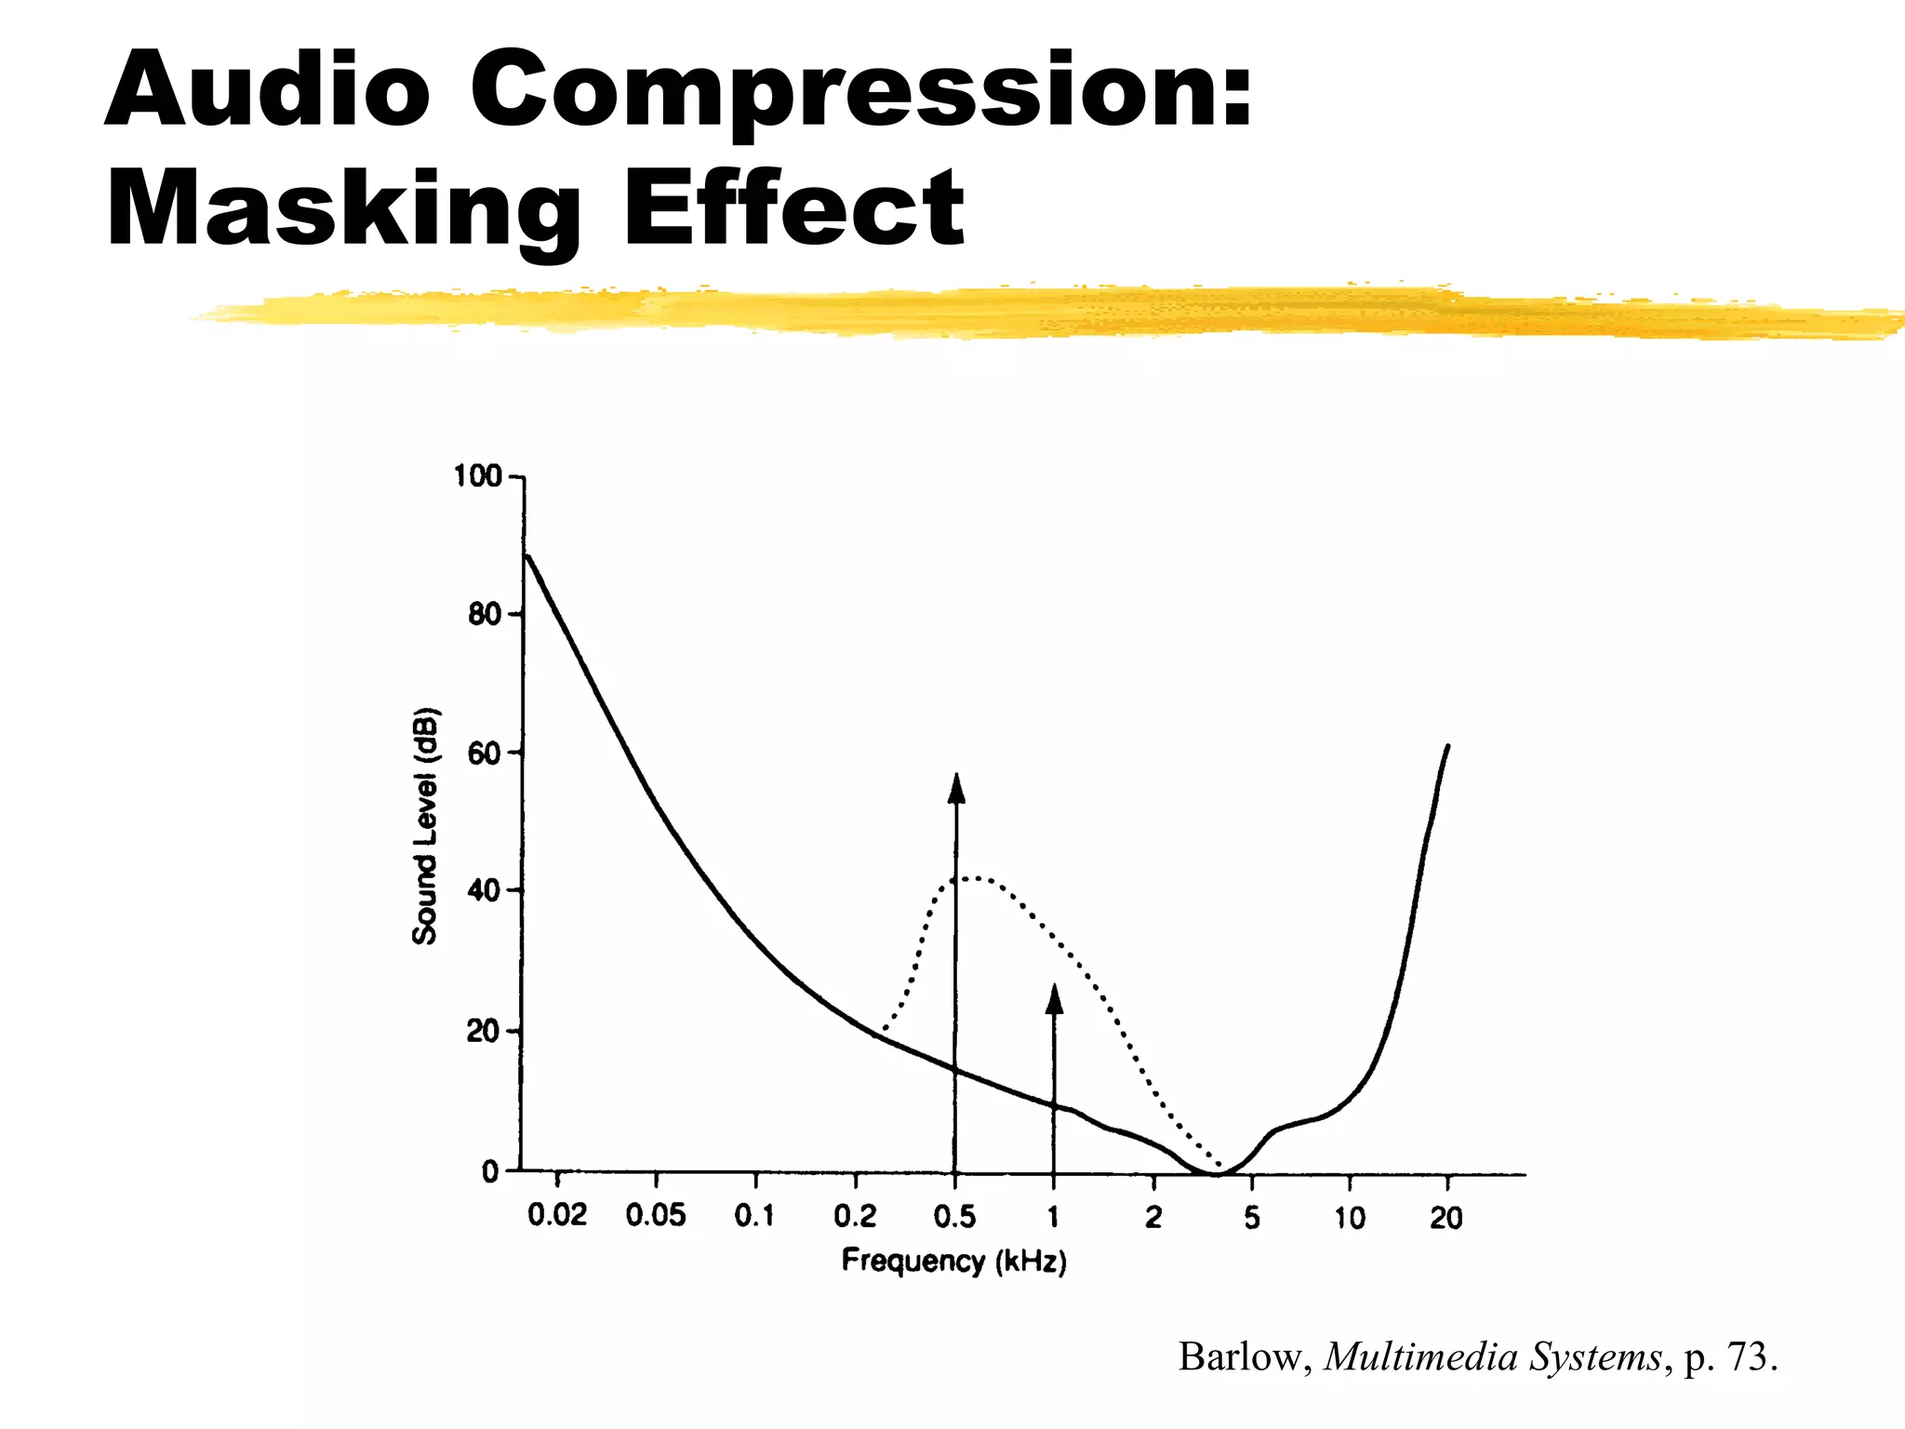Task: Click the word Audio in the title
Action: tap(268, 89)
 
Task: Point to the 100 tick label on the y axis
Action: tap(476, 477)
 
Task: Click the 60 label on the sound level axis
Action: tap(484, 754)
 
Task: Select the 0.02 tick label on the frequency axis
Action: tap(557, 1215)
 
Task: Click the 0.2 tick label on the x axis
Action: tap(855, 1216)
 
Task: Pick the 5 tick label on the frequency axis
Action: tap(1252, 1217)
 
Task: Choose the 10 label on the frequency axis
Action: tap(1350, 1217)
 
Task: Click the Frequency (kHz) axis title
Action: tap(953, 1262)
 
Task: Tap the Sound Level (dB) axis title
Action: tap(425, 827)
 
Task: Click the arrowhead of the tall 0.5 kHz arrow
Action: tap(956, 786)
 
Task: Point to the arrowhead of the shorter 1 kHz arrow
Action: tap(1054, 998)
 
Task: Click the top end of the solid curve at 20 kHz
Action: tap(1447, 746)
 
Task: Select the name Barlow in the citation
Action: tap(1245, 1357)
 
